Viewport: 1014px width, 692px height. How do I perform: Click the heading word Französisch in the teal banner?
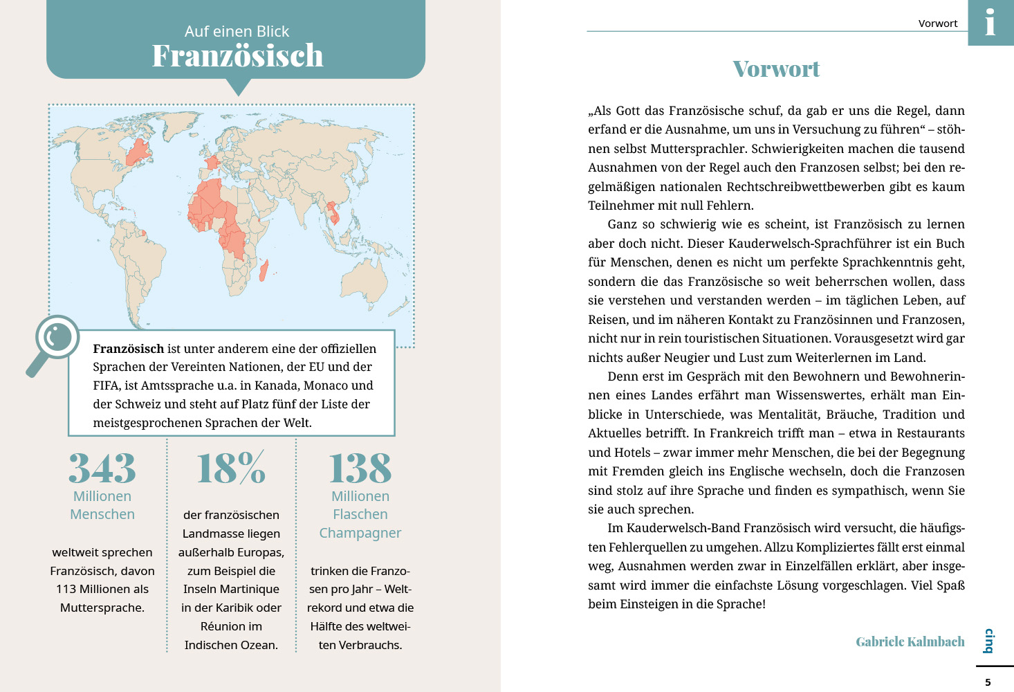237,56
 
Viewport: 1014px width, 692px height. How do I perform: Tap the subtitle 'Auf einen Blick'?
237,31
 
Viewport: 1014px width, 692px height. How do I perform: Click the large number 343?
102,468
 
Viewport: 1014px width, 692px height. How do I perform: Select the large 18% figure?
231,468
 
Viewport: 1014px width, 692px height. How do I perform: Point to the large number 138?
360,468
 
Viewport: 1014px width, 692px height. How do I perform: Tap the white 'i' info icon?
990,22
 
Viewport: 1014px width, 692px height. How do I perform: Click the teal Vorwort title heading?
776,69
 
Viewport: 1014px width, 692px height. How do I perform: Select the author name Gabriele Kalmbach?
910,641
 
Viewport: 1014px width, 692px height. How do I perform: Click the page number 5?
988,682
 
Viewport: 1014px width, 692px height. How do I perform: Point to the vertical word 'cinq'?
989,641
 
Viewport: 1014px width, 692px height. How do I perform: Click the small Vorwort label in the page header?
938,24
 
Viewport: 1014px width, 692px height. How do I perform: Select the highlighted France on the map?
212,163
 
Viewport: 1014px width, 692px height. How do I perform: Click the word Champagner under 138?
360,533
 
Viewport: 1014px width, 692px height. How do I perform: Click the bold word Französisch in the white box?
129,349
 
